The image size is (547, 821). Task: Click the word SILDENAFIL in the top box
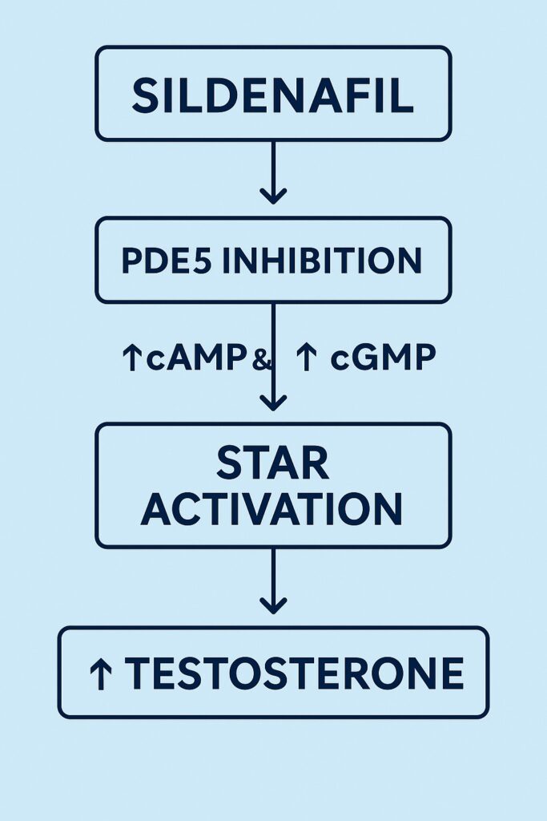pyautogui.click(x=272, y=95)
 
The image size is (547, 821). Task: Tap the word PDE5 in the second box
pyautogui.click(x=167, y=261)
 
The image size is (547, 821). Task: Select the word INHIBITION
pyautogui.click(x=322, y=261)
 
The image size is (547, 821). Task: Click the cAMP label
pyautogui.click(x=196, y=358)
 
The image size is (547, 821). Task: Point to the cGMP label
pyautogui.click(x=384, y=358)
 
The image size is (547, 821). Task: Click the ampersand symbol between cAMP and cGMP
pyautogui.click(x=261, y=360)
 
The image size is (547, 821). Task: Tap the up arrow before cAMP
pyautogui.click(x=131, y=358)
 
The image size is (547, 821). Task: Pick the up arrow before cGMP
pyautogui.click(x=307, y=358)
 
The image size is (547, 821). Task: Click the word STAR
pyautogui.click(x=272, y=463)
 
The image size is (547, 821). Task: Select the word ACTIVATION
pyautogui.click(x=272, y=508)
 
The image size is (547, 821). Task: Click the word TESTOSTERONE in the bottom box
pyautogui.click(x=294, y=673)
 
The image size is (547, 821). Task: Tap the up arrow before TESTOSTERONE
pyautogui.click(x=100, y=674)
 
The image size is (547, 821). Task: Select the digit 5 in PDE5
pyautogui.click(x=203, y=261)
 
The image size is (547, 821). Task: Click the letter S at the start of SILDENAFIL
pyautogui.click(x=145, y=95)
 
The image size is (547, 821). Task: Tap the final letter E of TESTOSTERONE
pyautogui.click(x=452, y=673)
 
